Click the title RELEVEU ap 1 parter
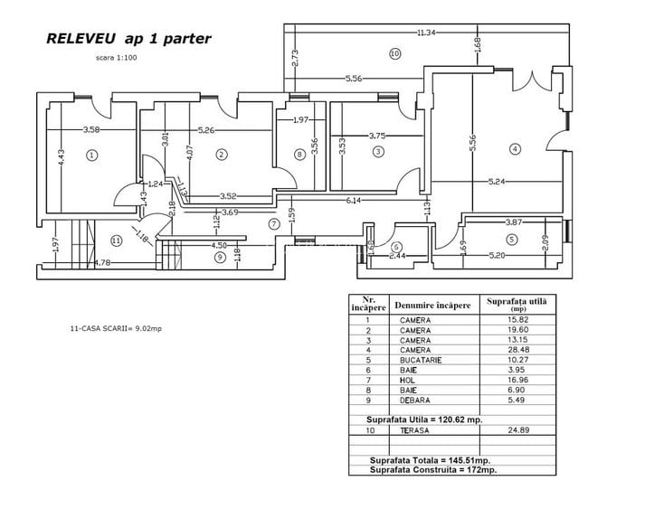tap(128, 39)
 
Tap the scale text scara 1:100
tap(116, 58)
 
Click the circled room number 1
tap(91, 155)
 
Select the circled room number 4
tap(514, 148)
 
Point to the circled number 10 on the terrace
tap(394, 53)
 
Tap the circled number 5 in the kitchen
tap(511, 240)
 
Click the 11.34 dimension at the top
tap(427, 33)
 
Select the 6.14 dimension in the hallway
tap(353, 200)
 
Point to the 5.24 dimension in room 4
tap(498, 182)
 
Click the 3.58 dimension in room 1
tap(91, 130)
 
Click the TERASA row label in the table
tap(414, 431)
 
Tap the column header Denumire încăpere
tap(434, 305)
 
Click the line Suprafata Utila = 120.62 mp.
tap(423, 419)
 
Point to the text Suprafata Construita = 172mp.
tap(433, 470)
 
